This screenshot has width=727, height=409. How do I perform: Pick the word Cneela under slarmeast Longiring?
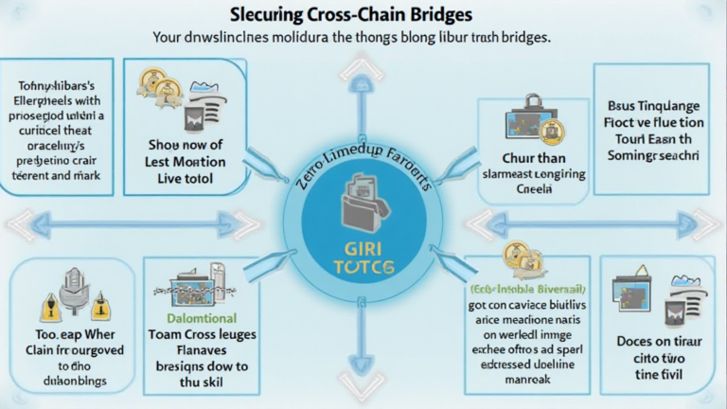[534, 189]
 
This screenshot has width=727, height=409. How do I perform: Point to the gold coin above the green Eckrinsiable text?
[517, 254]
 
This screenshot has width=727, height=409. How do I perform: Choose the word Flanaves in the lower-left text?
[201, 350]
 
